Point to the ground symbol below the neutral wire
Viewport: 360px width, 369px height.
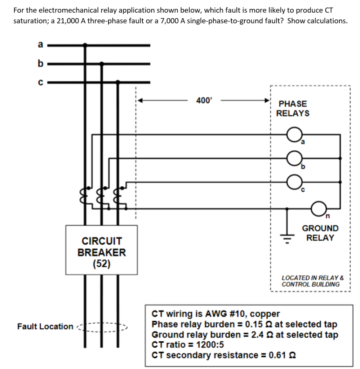[287, 235]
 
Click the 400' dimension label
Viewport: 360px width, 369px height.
[204, 101]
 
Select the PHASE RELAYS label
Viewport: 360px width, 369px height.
[293, 108]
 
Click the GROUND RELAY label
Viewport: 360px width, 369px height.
[320, 233]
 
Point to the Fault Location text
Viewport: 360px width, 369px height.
[45, 326]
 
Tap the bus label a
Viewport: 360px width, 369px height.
[40, 44]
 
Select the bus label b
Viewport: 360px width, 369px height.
[40, 64]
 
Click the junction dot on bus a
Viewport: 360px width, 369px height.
[85, 45]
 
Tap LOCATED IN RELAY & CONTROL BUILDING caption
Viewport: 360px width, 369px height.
[312, 281]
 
